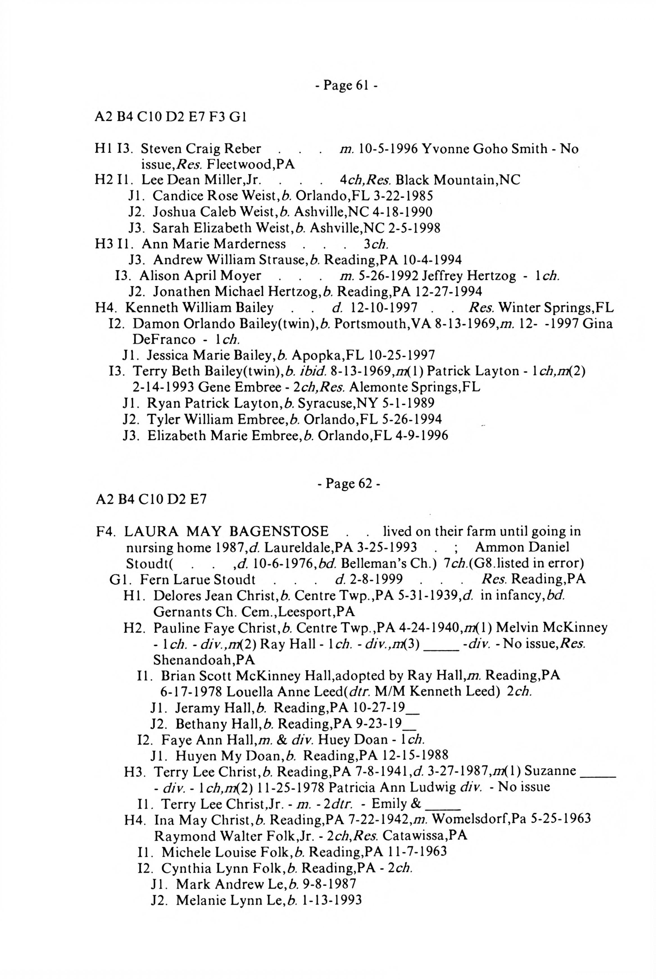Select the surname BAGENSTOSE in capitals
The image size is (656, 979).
click(279, 531)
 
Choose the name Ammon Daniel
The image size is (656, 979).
click(522, 547)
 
